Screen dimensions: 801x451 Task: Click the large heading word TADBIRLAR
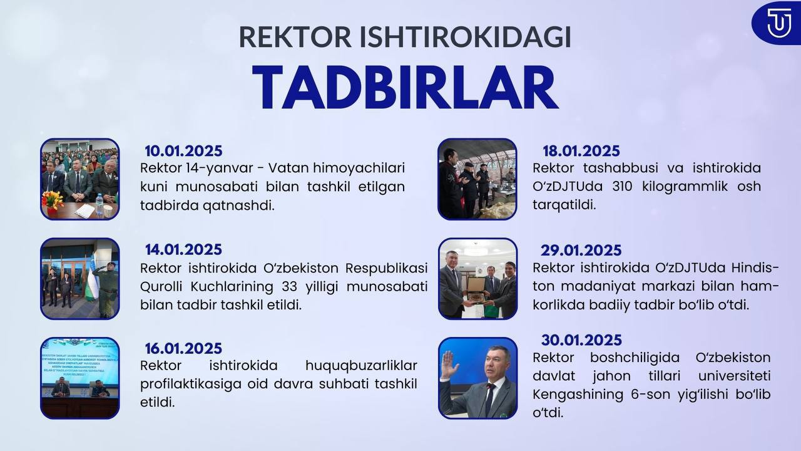[x=405, y=87]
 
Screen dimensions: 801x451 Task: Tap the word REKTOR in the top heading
[x=295, y=36]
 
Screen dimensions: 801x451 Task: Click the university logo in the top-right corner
[x=777, y=23]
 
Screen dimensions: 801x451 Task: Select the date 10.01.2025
[x=183, y=151]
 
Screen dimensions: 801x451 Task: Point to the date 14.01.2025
[x=183, y=249]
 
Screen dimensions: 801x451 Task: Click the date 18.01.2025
[x=581, y=151]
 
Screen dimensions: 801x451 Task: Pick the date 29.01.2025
[x=581, y=250]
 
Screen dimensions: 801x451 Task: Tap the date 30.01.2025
[x=581, y=340]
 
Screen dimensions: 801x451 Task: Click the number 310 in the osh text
[x=622, y=187]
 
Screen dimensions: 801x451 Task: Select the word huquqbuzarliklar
[x=361, y=365]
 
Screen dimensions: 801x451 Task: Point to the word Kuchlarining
[x=232, y=287]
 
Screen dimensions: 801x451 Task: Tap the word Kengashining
[x=578, y=395]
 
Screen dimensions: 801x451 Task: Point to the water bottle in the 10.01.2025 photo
[x=99, y=205]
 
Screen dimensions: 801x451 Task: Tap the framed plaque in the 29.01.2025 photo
[x=476, y=289]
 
